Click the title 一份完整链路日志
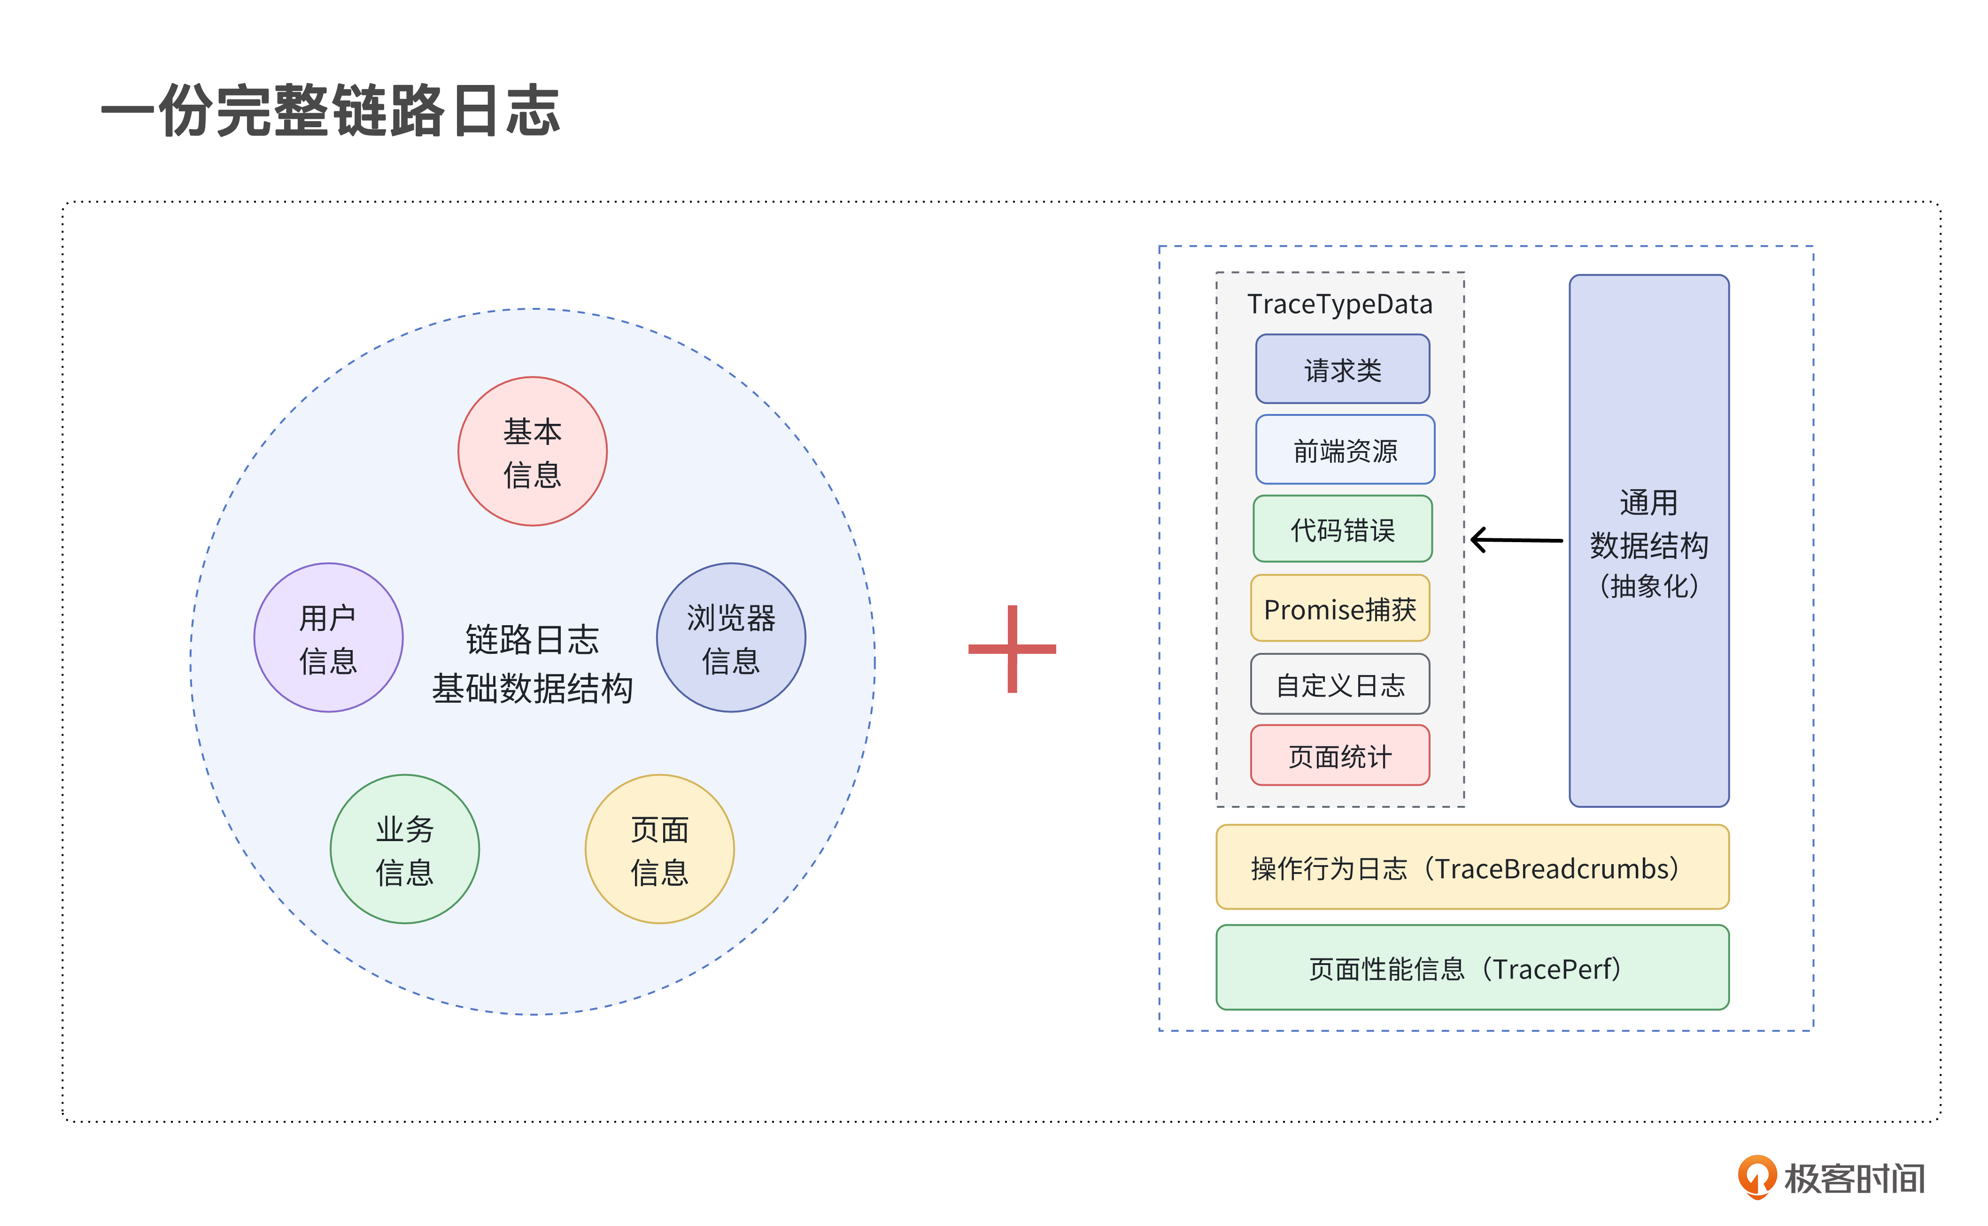pyautogui.click(x=330, y=111)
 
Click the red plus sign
pyautogui.click(x=1012, y=649)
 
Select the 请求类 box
pyautogui.click(x=1342, y=369)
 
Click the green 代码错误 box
pyautogui.click(x=1342, y=529)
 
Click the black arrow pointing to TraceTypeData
pyautogui.click(x=1515, y=539)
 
